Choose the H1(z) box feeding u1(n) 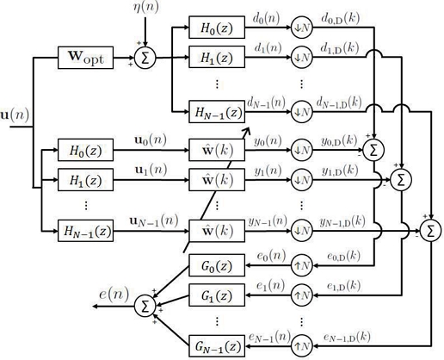[85, 183]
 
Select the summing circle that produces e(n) [146, 305]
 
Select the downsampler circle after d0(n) [302, 28]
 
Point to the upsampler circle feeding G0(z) [302, 264]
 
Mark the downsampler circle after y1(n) [302, 183]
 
